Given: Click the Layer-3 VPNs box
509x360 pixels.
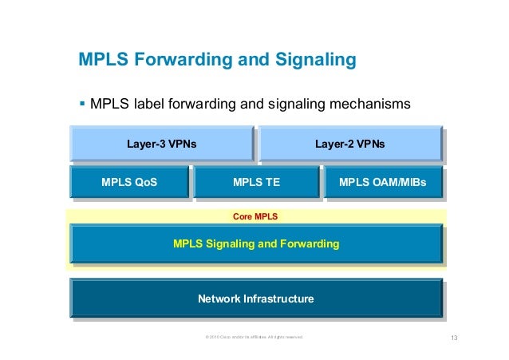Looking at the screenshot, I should tap(162, 144).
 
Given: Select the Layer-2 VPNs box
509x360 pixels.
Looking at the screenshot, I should tap(349, 144).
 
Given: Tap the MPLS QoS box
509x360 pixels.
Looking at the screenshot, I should tap(129, 183).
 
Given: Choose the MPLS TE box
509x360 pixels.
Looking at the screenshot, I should tap(255, 183).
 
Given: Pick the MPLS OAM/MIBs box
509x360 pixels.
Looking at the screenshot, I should tap(382, 183).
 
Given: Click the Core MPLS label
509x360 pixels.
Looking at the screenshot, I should tap(255, 216).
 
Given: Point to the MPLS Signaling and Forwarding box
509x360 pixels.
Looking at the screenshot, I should tap(256, 243).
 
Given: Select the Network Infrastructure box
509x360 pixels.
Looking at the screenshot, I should tap(256, 299).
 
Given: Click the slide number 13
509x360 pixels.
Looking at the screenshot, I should tap(455, 338).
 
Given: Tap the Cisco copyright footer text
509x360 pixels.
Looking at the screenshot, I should tap(254, 338).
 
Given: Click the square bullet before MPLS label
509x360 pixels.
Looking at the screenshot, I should tap(82, 103).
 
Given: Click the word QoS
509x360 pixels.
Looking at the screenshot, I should tap(144, 183).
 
